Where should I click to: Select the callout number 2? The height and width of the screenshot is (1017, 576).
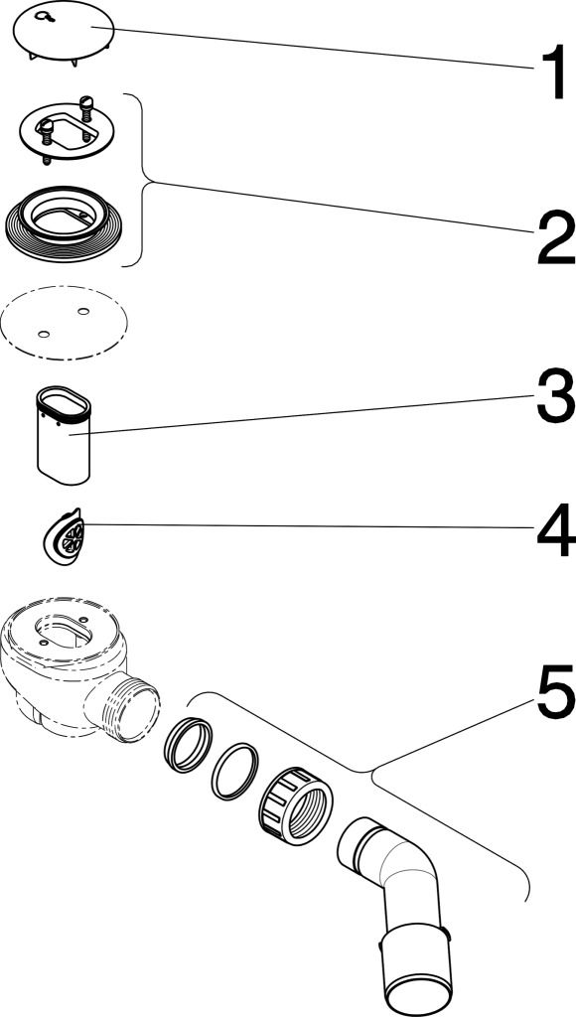555,239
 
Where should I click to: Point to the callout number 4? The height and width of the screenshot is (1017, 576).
556,530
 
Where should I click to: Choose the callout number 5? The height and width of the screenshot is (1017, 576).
555,691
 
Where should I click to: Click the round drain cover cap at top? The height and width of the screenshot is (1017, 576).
64,34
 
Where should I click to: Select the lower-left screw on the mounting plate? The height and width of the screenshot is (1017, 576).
47,134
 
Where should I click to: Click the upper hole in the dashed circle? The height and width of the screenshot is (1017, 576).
83,311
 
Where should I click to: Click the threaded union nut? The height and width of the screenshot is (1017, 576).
295,805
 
